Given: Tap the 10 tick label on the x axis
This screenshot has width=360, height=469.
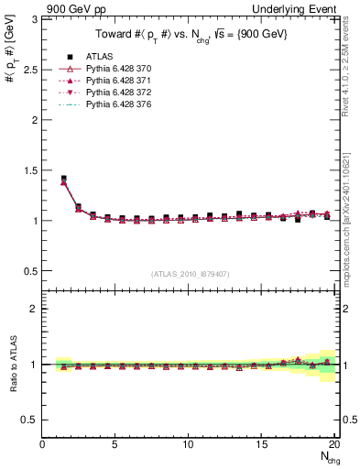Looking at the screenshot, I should [189, 444].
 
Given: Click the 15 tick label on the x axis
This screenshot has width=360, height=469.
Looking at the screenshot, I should [262, 444].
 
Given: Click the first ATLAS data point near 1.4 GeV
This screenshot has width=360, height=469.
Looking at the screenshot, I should [63, 179].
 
